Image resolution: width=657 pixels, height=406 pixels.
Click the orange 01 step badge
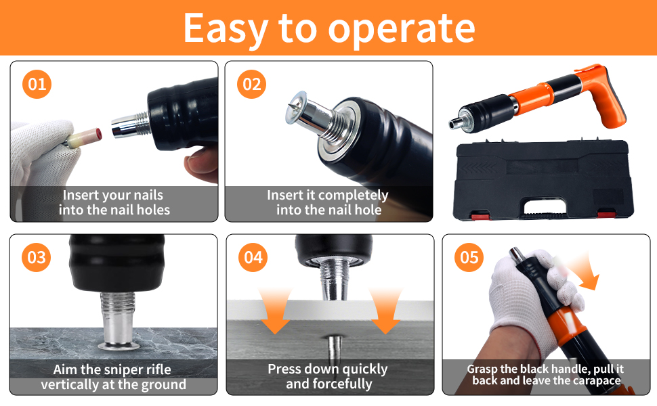pos(37,84)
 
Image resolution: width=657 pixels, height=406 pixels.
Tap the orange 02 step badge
pos(252,84)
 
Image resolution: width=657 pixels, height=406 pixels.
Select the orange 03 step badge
pos(37,257)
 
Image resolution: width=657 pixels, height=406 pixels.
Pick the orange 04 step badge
pos(253,257)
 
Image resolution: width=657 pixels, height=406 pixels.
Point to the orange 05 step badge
pos(469,257)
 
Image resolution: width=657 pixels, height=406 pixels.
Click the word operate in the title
pos(402,29)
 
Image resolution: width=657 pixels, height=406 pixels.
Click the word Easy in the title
pos(226,28)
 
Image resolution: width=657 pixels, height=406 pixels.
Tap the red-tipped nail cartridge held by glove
pos(85,137)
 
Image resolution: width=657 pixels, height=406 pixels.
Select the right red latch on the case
pos(606,215)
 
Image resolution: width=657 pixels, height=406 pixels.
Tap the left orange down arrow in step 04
pos(275,311)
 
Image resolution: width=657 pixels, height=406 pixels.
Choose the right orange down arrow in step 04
pos(385,311)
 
